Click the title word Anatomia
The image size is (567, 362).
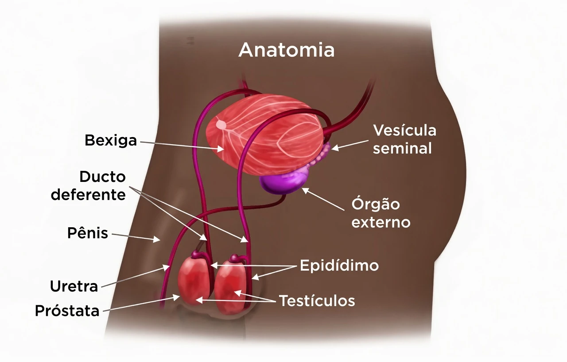[287, 50]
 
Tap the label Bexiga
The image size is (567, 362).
[111, 140]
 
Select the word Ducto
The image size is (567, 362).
[102, 177]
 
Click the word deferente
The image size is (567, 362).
[88, 195]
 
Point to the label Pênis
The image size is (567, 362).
[88, 232]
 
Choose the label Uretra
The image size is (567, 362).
[74, 287]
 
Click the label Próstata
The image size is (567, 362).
[67, 311]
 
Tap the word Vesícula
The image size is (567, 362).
[405, 130]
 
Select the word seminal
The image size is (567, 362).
[402, 148]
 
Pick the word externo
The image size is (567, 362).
[381, 222]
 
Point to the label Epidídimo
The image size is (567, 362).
[339, 265]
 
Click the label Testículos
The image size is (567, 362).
[317, 301]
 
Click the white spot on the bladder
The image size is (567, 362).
[221, 124]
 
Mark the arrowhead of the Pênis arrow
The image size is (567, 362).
[157, 239]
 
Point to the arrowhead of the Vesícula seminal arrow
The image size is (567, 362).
[334, 148]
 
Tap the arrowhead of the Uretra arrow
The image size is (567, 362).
[166, 267]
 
